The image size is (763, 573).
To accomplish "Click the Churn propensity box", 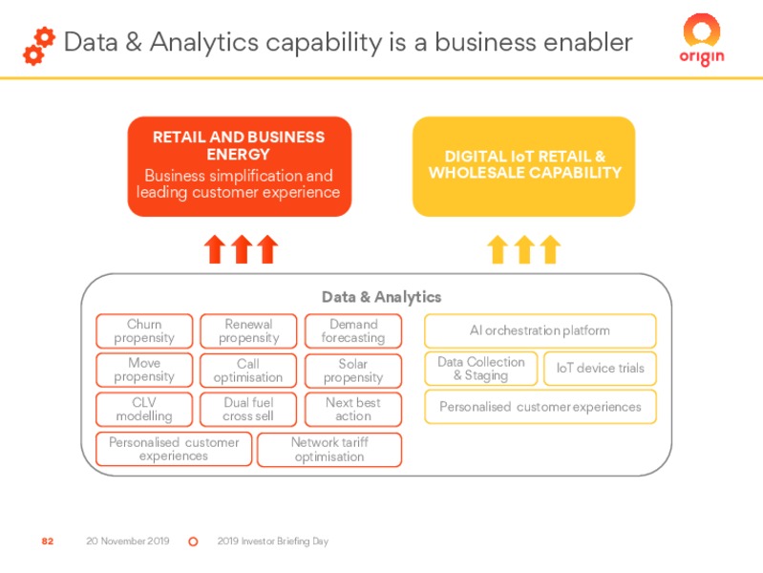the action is [x=144, y=331].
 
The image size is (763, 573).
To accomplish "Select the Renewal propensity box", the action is [x=248, y=331].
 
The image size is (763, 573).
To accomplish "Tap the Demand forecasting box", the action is [x=353, y=331].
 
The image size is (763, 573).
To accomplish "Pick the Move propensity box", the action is [x=144, y=370].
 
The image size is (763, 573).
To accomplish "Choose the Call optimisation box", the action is [x=248, y=371].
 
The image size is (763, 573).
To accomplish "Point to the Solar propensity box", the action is [x=353, y=371].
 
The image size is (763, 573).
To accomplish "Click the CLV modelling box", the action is [x=144, y=410].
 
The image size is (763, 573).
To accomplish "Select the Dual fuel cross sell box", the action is [x=248, y=410].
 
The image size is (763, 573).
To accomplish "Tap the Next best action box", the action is [x=353, y=410].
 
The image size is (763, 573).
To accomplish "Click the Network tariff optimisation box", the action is [x=329, y=450].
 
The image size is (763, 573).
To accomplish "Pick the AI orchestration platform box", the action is [x=540, y=330].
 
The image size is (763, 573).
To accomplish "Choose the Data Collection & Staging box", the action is [x=481, y=369].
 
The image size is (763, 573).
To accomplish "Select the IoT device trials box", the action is [x=600, y=369].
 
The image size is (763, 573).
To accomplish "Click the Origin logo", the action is [x=702, y=40].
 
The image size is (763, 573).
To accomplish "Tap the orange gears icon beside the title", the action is [x=39, y=46].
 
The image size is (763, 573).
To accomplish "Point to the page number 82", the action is [x=47, y=541].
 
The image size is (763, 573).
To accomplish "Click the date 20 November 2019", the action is [x=128, y=541].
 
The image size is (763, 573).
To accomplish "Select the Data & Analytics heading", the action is [x=382, y=297].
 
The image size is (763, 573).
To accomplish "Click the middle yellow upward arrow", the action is [x=524, y=249].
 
